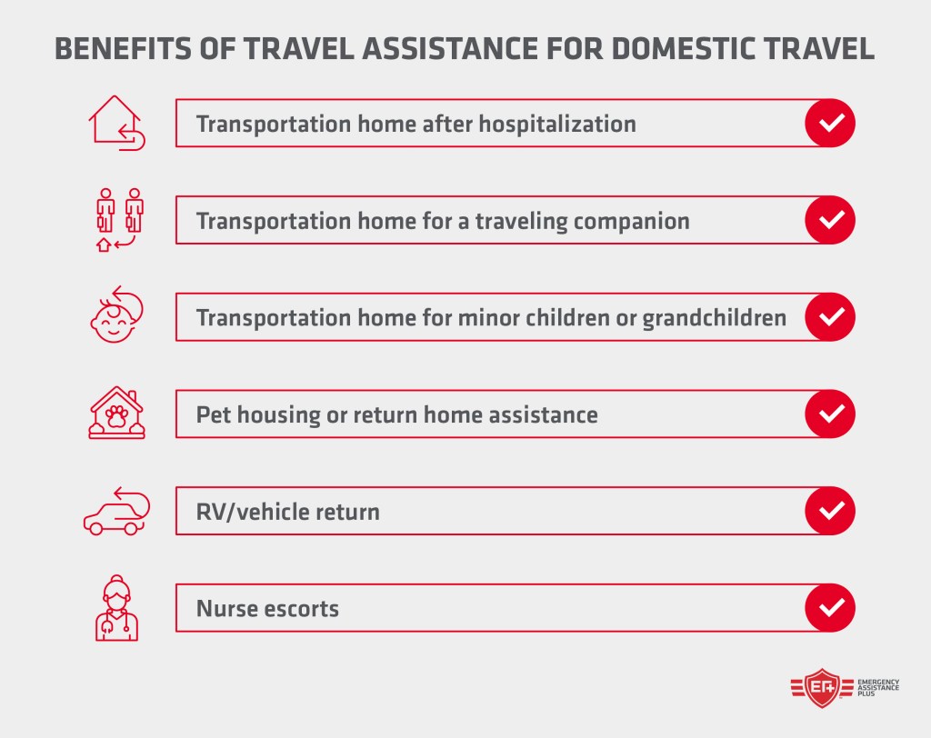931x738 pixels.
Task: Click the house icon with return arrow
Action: click(117, 123)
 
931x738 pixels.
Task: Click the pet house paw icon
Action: click(116, 414)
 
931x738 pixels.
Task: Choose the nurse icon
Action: click(116, 608)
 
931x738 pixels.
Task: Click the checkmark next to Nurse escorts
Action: click(830, 608)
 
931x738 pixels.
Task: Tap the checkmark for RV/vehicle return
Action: click(830, 511)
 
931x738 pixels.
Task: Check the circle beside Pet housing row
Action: click(830, 414)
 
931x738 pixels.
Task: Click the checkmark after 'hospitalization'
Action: click(830, 123)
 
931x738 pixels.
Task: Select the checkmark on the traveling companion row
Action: click(830, 220)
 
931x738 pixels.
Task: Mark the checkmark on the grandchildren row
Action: click(830, 317)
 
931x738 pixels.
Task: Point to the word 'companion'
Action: click(628, 221)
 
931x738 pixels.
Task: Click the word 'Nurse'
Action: click(227, 608)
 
